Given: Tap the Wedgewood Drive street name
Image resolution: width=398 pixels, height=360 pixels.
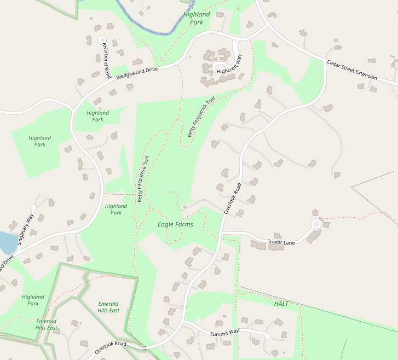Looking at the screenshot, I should click(136, 74).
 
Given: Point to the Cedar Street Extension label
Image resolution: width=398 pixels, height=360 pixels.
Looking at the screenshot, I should click(352, 70).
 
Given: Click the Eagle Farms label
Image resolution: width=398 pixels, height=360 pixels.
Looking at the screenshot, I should click(175, 224).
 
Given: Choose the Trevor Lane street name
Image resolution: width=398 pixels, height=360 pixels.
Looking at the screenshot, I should click(281, 242).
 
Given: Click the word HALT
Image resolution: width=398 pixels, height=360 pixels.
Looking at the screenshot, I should click(281, 303).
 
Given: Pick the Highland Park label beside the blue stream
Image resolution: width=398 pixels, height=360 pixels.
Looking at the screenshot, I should click(197, 18).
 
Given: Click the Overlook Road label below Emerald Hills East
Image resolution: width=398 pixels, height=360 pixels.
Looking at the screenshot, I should click(110, 346).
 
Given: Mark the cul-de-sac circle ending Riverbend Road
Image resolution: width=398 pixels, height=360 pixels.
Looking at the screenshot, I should click(101, 39).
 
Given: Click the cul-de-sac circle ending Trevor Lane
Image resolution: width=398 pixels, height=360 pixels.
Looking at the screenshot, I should click(316, 223).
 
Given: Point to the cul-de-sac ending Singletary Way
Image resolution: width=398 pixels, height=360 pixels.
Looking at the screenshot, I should click(32, 207).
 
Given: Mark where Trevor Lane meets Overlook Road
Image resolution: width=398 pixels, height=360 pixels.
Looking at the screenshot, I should click(220, 234).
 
